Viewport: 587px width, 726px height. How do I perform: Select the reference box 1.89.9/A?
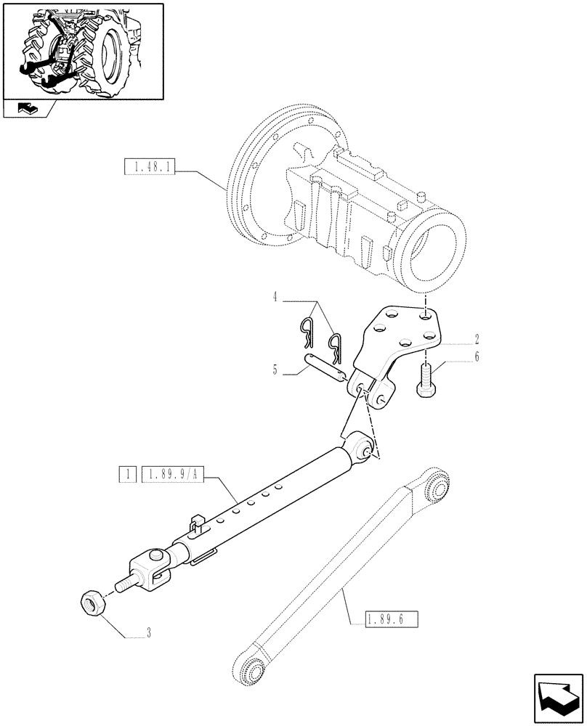174,475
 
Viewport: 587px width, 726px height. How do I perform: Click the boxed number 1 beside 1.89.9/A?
128,475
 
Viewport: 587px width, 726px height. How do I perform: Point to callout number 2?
476,338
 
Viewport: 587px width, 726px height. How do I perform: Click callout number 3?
148,633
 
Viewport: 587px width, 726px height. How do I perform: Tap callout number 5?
275,370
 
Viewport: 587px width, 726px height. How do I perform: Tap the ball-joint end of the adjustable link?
362,446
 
